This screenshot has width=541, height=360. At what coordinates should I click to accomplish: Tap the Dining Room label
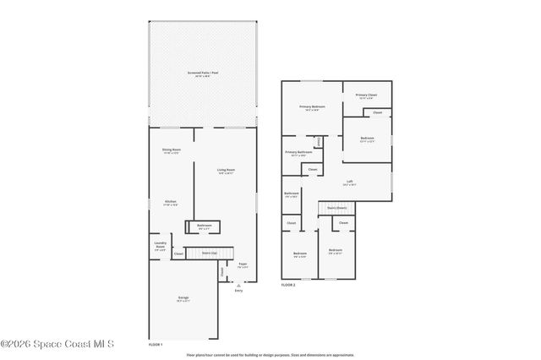coord(172,151)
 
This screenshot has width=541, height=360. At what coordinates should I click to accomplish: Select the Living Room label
coord(226,171)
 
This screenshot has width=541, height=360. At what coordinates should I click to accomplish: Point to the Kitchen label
coord(171,202)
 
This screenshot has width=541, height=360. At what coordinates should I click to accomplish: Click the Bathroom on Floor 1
coord(205,226)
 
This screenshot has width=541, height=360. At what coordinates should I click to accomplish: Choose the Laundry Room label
coord(160,247)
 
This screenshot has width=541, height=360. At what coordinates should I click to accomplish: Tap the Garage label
coord(183,298)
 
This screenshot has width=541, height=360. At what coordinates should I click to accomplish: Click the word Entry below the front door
coord(238,291)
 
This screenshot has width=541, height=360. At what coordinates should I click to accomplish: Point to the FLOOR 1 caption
coord(156,345)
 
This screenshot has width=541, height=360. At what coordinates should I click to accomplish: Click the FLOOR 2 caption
coord(288,285)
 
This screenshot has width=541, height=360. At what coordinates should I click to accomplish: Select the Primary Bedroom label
coord(312,107)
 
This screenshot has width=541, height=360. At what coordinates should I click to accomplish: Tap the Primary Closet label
coord(366,96)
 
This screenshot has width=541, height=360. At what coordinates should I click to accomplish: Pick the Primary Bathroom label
coord(298,154)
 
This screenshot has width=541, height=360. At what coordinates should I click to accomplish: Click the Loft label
coord(349,182)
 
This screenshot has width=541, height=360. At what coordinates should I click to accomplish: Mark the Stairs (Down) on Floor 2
coord(337,207)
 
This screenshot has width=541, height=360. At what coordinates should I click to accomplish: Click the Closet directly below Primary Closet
coord(377,112)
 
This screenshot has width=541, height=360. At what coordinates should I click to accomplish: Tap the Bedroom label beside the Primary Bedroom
coord(367,139)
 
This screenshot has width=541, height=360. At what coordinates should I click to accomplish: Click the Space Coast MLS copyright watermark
coord(57,344)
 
